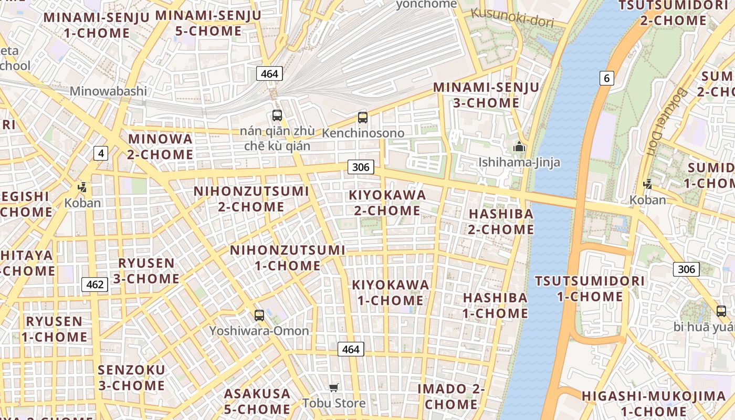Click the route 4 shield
[x=101, y=153]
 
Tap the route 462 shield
[x=95, y=285]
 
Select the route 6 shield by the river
[x=607, y=78]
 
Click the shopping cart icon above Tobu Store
[x=333, y=387]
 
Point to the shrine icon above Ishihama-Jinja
[x=519, y=146]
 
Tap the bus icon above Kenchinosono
[x=363, y=117]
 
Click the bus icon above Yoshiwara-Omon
[x=259, y=315]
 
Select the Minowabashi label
[x=108, y=91]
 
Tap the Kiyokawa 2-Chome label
[x=387, y=203]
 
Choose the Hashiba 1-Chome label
[x=495, y=305]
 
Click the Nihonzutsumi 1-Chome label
[x=288, y=258]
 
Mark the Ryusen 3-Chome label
[x=146, y=270]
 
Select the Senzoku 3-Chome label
[x=131, y=377]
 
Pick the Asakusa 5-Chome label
[x=257, y=401]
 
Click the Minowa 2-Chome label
[x=160, y=146]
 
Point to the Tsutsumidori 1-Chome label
[x=590, y=288]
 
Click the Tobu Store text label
[x=334, y=403]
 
